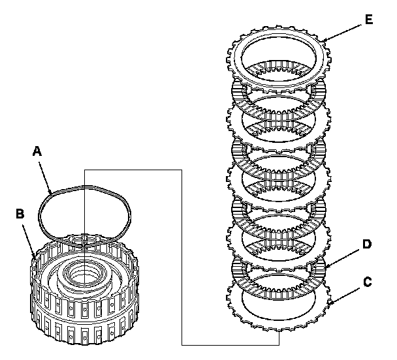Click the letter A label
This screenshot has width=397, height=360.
pyautogui.click(x=37, y=151)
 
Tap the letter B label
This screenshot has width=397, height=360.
pyautogui.click(x=20, y=213)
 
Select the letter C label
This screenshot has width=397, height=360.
pyautogui.click(x=368, y=282)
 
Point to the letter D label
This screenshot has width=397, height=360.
pyautogui.click(x=367, y=244)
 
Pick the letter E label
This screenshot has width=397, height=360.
pyautogui.click(x=369, y=20)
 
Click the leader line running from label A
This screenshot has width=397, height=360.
pyautogui.click(x=46, y=173)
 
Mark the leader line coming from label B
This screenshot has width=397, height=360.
pyautogui.click(x=28, y=236)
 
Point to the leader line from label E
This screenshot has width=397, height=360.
pyautogui.click(x=342, y=32)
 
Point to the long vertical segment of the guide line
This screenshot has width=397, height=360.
pyautogui.click(x=180, y=261)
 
